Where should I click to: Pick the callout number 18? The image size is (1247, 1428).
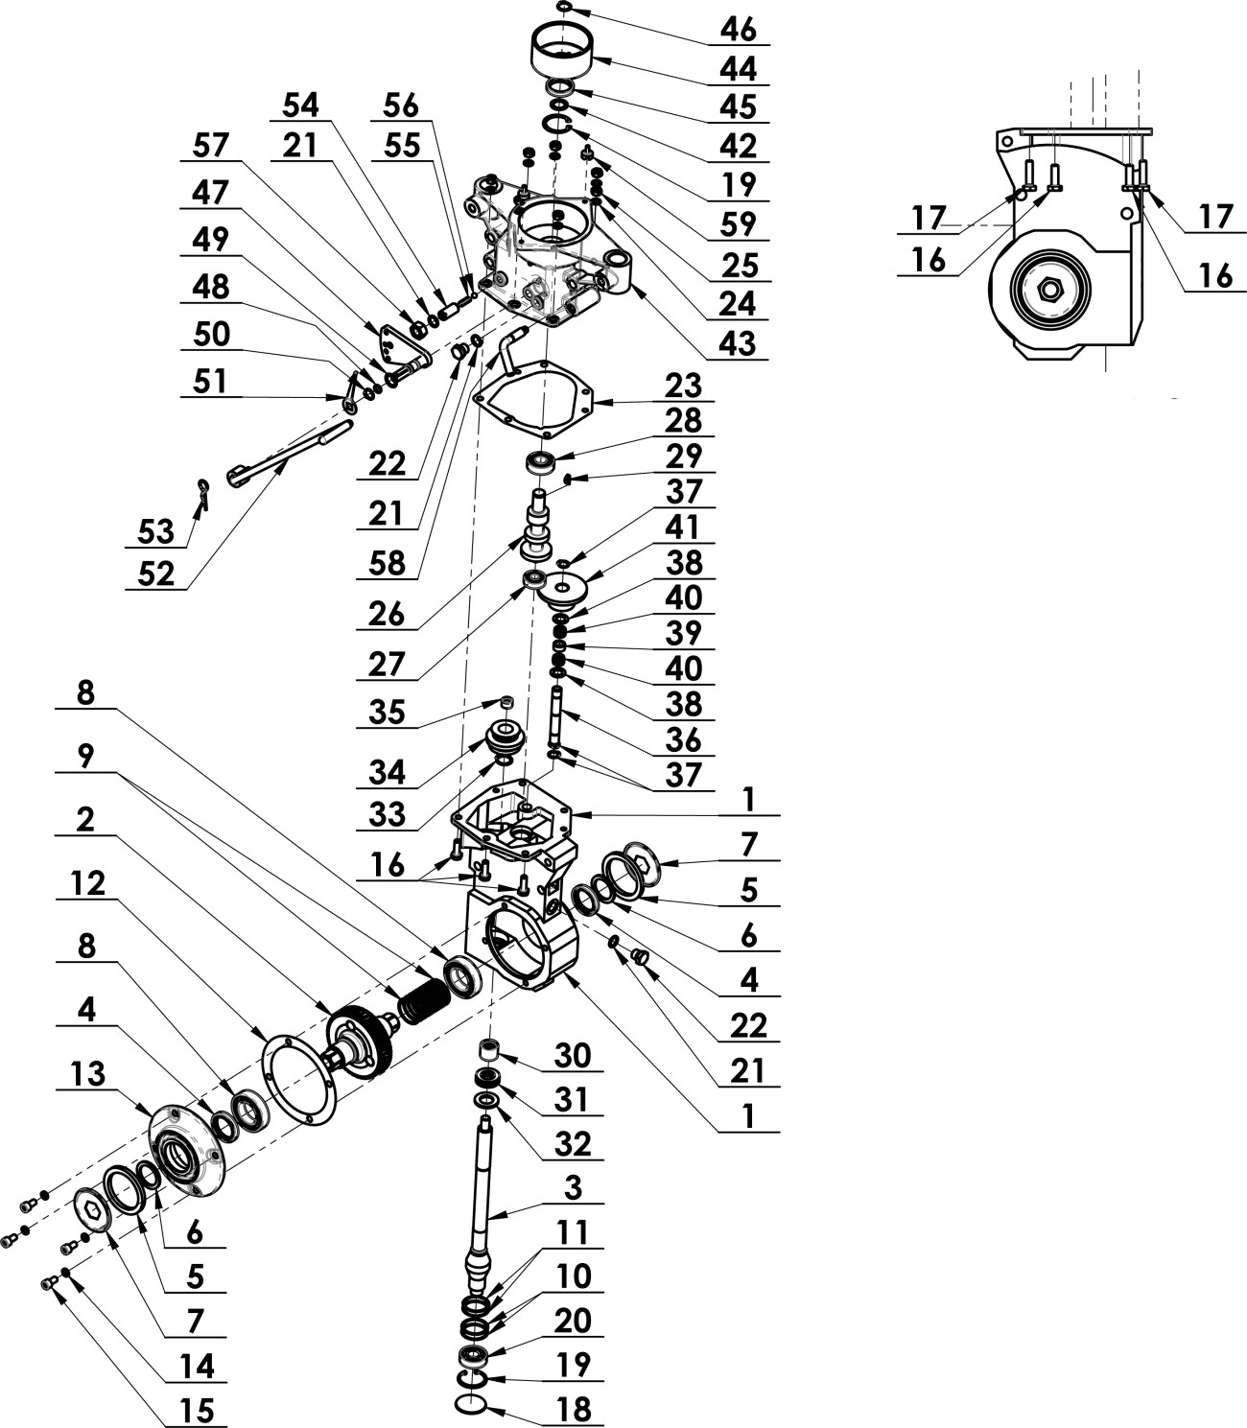click(573, 1409)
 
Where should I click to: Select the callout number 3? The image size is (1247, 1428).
click(573, 1186)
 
